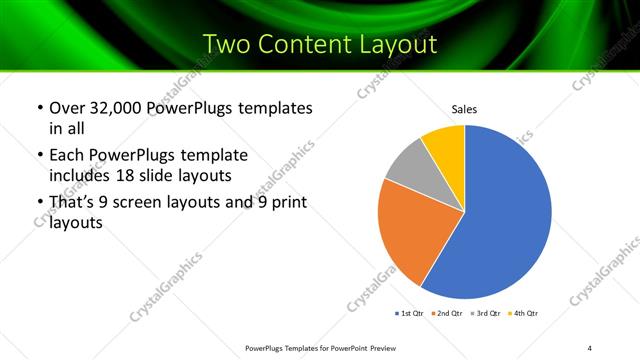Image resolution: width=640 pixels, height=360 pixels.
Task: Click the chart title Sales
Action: point(465,108)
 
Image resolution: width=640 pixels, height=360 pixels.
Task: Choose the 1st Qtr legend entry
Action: point(410,314)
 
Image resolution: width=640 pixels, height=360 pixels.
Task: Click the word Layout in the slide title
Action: point(394,44)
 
